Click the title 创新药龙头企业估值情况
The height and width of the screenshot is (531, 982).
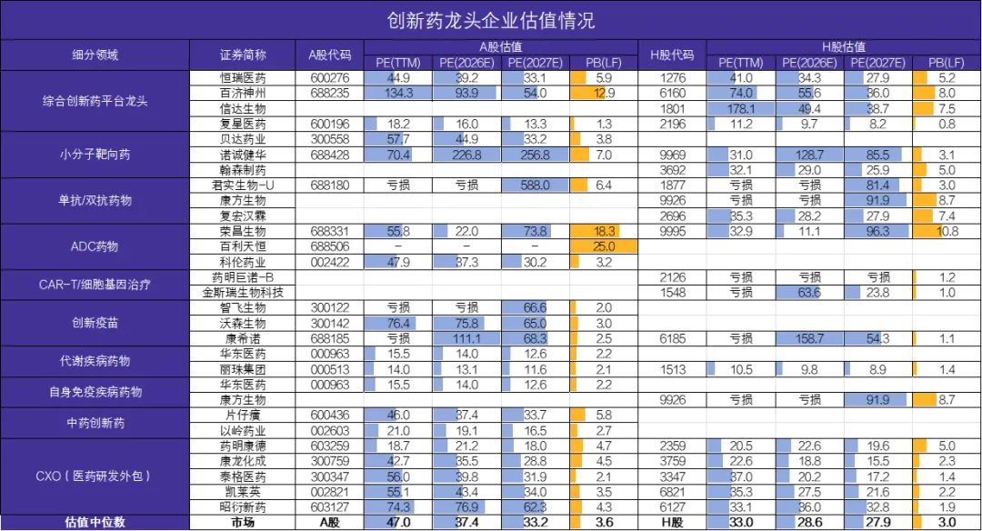[490, 21]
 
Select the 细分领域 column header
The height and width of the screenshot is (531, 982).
[95, 55]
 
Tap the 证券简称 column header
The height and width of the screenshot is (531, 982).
[243, 55]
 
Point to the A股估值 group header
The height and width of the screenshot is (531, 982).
[500, 47]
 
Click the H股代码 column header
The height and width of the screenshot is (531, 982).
[672, 55]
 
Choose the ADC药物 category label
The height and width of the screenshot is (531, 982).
[95, 246]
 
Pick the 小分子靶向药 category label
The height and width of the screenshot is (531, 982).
[95, 155]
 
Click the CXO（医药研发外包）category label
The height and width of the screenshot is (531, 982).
[95, 476]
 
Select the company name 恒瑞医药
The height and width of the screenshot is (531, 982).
[243, 78]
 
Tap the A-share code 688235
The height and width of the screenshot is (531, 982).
[330, 94]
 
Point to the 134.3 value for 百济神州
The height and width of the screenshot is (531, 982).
[398, 94]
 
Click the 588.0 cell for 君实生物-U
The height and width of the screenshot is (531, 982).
[535, 185]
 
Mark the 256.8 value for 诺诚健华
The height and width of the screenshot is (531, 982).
[535, 155]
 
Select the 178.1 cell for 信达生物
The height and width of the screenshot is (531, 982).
[741, 109]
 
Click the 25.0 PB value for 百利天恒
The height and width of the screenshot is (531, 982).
[604, 246]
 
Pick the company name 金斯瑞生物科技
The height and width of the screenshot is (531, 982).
[243, 293]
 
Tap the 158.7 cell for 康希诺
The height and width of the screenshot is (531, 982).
[809, 339]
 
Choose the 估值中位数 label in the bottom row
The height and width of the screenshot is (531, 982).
[95, 522]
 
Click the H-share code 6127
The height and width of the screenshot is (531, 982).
[672, 507]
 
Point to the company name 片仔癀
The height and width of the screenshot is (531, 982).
[243, 416]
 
